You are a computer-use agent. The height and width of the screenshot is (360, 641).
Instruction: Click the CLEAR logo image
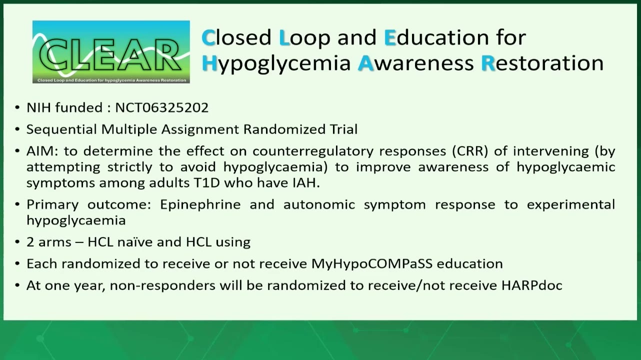pos(111,52)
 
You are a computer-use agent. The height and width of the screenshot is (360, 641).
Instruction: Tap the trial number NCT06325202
pos(161,108)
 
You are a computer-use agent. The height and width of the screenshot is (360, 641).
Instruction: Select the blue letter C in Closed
pos(208,37)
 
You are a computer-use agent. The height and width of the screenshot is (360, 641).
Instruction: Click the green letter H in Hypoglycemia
pos(209,63)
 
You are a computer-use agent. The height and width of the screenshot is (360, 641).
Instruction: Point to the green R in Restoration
pos(488,63)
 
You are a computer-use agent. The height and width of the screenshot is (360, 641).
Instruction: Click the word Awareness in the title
pos(416,63)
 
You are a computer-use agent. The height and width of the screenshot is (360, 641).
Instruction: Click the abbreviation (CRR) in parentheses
pos(470,151)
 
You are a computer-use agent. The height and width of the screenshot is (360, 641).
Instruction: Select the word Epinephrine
pos(200,205)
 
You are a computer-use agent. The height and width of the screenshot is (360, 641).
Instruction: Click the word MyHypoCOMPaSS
pos(371,264)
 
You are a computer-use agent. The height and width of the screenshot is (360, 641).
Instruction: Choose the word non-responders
pos(162,285)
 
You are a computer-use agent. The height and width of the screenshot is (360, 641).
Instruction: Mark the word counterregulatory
pos(313,151)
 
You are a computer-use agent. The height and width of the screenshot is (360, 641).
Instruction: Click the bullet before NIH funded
pos(17,108)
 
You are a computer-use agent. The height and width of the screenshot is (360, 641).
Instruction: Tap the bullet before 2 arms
pos(17,242)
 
